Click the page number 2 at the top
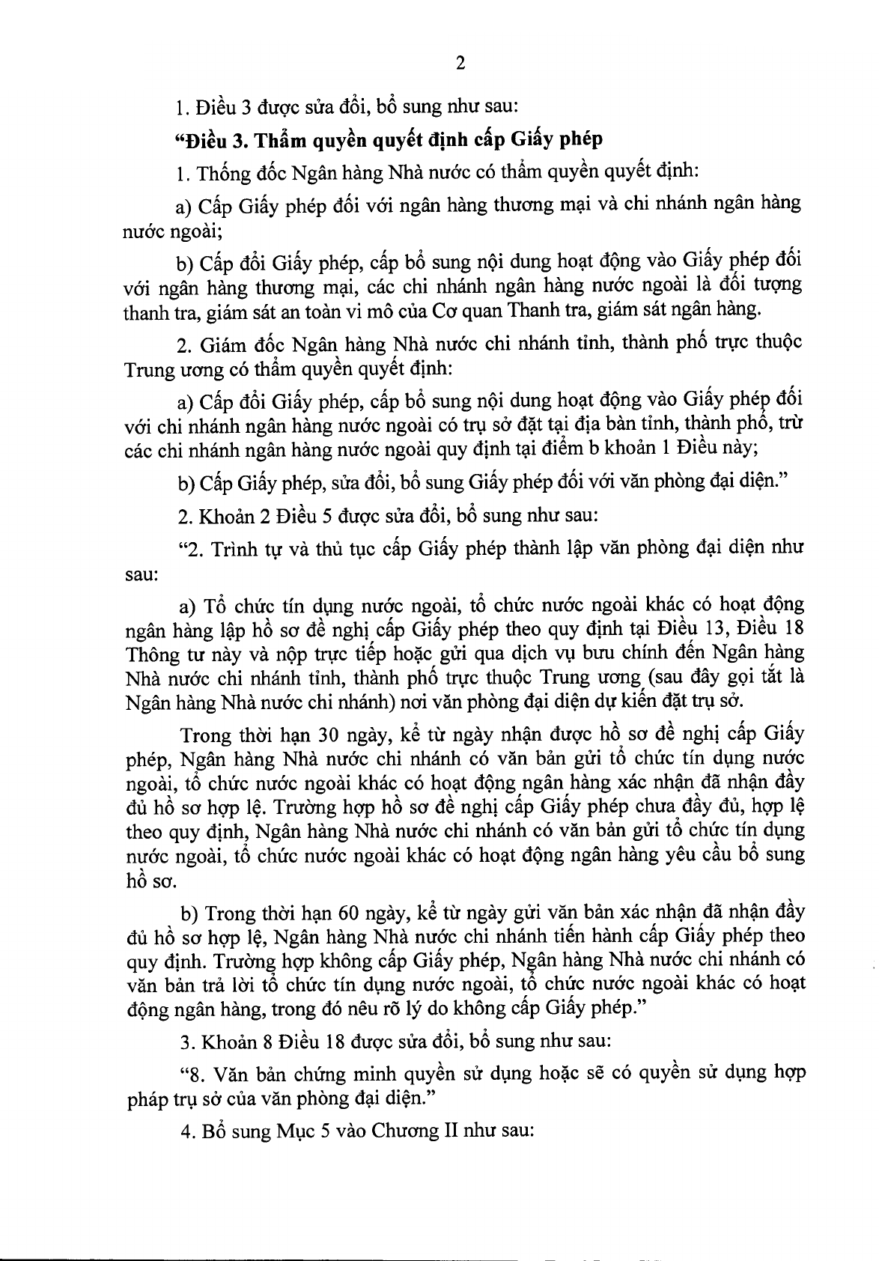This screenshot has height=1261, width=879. pos(460,64)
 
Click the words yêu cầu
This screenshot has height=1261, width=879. pos(698,854)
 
